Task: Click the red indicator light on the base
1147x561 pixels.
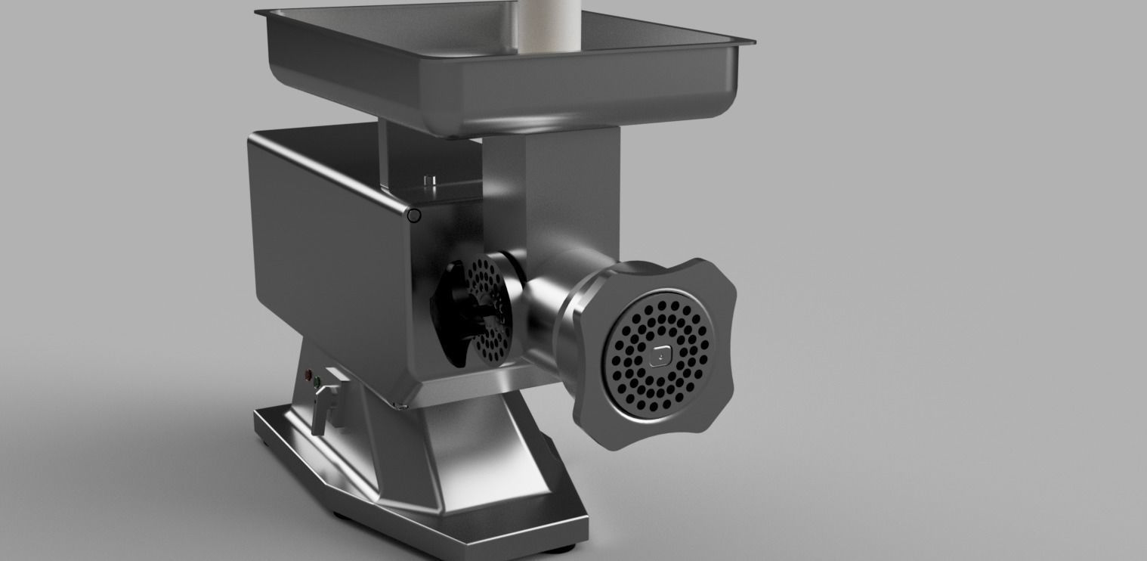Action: point(308,374)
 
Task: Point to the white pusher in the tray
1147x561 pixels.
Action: point(549,26)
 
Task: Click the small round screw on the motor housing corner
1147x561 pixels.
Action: point(413,215)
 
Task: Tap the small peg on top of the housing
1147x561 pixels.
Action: point(431,182)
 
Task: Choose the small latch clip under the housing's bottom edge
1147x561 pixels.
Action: point(401,407)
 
